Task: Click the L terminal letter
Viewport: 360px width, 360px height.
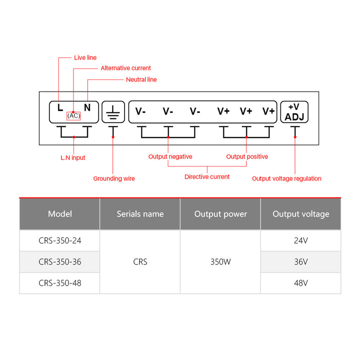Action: (x=60, y=107)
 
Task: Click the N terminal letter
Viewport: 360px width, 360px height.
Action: (x=87, y=107)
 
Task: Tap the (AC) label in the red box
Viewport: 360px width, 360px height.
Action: (x=73, y=115)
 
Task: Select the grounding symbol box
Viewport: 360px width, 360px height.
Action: (x=113, y=112)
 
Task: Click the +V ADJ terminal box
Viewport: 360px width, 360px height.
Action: (x=294, y=112)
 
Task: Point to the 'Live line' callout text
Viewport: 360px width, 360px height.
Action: (x=85, y=57)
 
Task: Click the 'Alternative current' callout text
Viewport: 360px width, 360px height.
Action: (x=125, y=68)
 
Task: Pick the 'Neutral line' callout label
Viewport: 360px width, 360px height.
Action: (x=141, y=79)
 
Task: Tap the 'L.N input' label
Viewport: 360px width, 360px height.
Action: (x=72, y=157)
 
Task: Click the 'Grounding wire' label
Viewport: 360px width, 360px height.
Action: (x=114, y=178)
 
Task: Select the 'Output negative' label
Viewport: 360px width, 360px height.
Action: (x=170, y=156)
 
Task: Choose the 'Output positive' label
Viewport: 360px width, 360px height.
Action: (x=247, y=156)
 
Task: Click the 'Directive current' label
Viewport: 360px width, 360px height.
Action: (x=207, y=176)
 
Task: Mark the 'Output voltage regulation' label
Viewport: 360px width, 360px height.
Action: (x=286, y=178)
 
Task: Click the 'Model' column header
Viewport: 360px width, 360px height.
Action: (x=60, y=214)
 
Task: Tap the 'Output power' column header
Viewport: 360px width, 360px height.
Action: (x=220, y=214)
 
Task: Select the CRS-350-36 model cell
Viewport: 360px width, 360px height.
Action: (x=60, y=261)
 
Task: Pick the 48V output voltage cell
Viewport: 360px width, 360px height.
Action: (x=301, y=283)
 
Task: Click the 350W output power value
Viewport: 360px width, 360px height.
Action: (x=220, y=261)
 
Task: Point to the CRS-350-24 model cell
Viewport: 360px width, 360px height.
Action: (x=60, y=240)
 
